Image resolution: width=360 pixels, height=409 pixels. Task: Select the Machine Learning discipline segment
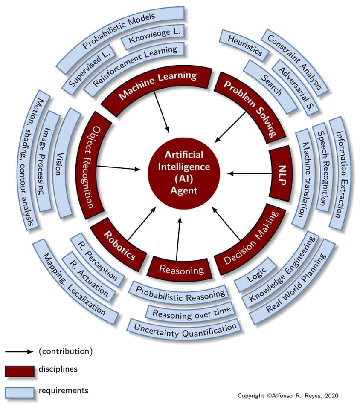[x=158, y=86]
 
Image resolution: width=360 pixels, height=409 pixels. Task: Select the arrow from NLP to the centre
[x=247, y=173]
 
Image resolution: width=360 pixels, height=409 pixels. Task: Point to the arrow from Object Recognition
[x=122, y=168]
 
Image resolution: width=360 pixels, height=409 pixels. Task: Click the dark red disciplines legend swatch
[x=20, y=371]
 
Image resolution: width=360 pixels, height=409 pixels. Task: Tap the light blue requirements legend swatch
[x=20, y=392]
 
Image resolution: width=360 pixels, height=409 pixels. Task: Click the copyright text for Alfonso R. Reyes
[x=287, y=396]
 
